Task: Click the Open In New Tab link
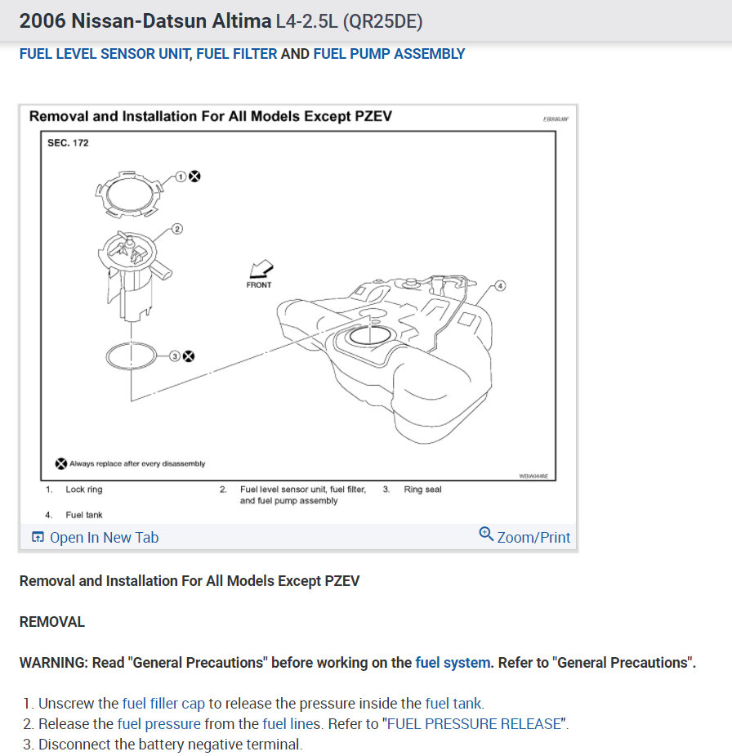[x=96, y=538]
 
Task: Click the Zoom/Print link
[x=524, y=537]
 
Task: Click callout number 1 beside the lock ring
[x=181, y=177]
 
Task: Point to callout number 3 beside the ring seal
[x=174, y=356]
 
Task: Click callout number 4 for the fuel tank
[x=500, y=286]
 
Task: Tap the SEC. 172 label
[x=69, y=143]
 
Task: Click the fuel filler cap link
[x=163, y=703]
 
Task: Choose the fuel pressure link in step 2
[x=158, y=724]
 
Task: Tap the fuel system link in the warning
[x=453, y=663]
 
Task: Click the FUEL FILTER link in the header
[x=237, y=54]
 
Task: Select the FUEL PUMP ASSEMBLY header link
[x=389, y=54]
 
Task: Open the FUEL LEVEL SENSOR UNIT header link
[x=105, y=54]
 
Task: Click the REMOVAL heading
[x=51, y=622]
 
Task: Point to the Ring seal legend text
[x=422, y=490]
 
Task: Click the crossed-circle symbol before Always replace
[x=60, y=463]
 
